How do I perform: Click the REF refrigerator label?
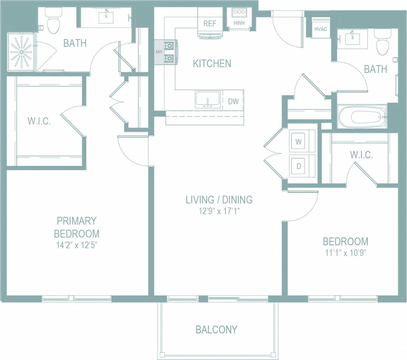click(210, 24)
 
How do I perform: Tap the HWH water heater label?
click(239, 23)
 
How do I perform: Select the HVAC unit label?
click(320, 29)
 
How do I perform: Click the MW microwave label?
click(159, 52)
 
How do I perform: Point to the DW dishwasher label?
click(233, 102)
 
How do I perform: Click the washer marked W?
click(298, 142)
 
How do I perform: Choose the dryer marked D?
click(298, 166)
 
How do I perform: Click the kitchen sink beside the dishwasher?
click(208, 99)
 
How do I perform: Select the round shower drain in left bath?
click(21, 52)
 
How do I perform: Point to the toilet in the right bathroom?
click(382, 44)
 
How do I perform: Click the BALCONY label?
click(216, 329)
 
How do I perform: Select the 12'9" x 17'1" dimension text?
click(219, 211)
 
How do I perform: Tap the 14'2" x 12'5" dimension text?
click(76, 245)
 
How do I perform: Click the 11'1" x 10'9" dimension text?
click(345, 253)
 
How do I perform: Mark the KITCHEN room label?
click(212, 63)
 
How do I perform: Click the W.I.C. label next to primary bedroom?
click(39, 121)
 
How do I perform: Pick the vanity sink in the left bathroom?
click(106, 17)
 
